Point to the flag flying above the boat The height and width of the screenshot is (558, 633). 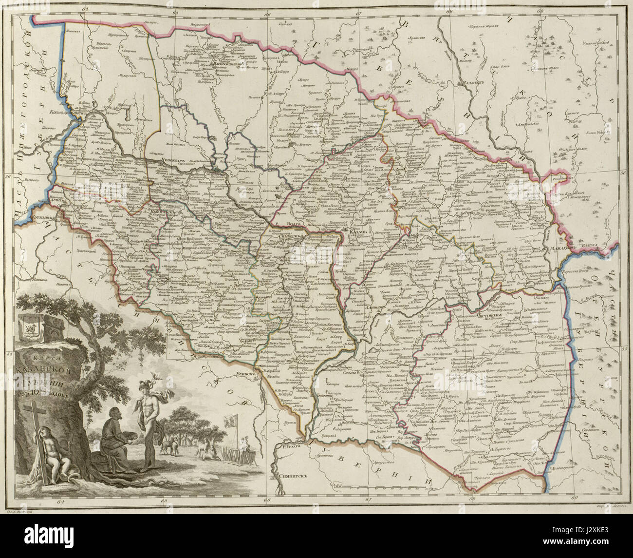click(228, 420)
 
